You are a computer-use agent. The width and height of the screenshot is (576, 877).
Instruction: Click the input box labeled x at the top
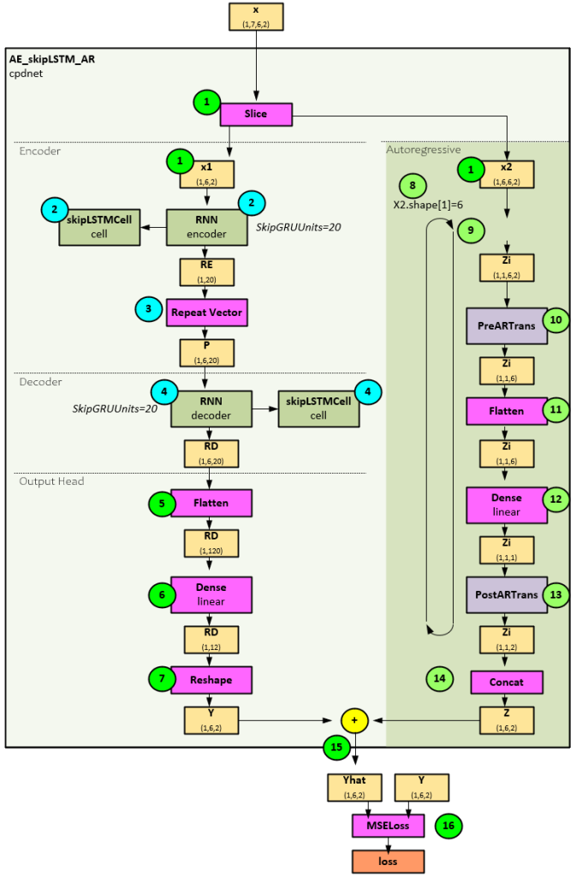click(x=256, y=16)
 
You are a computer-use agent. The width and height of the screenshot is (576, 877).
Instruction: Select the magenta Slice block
click(x=256, y=115)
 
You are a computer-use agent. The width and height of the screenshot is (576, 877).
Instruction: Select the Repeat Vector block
click(x=206, y=313)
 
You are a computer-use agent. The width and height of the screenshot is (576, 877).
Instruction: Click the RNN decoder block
click(x=211, y=409)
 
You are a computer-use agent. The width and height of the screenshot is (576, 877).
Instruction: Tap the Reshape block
click(x=211, y=679)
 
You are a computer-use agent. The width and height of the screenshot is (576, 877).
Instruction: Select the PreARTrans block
click(x=507, y=325)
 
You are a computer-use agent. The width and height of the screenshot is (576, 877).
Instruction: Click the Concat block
click(x=507, y=683)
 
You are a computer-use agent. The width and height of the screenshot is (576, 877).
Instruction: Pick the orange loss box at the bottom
click(x=388, y=861)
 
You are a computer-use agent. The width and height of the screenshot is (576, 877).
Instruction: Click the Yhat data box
click(x=353, y=786)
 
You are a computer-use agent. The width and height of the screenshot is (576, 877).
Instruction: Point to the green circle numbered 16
click(x=448, y=825)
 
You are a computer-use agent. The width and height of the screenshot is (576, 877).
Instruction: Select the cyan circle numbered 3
click(x=148, y=307)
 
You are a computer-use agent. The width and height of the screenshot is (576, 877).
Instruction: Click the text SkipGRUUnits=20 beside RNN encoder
click(x=294, y=227)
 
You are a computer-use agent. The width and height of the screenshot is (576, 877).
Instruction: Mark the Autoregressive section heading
click(x=425, y=150)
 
